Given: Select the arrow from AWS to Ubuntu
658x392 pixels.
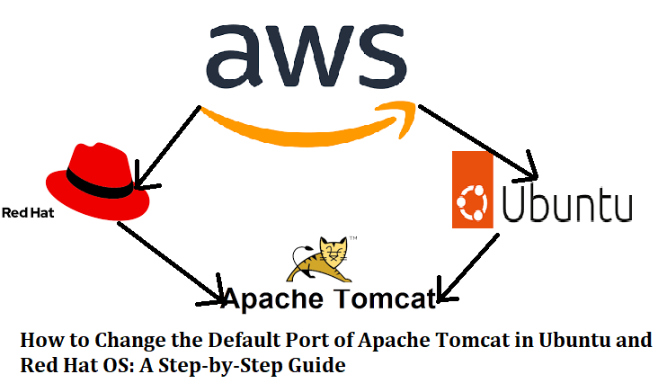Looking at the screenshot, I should coord(476,139).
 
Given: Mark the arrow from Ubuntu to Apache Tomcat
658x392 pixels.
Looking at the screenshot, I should coord(472,265).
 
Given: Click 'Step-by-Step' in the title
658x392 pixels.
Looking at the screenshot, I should coord(242,366).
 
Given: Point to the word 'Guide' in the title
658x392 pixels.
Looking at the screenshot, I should coord(321,366).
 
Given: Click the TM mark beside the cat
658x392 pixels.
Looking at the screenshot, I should coord(353,240).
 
